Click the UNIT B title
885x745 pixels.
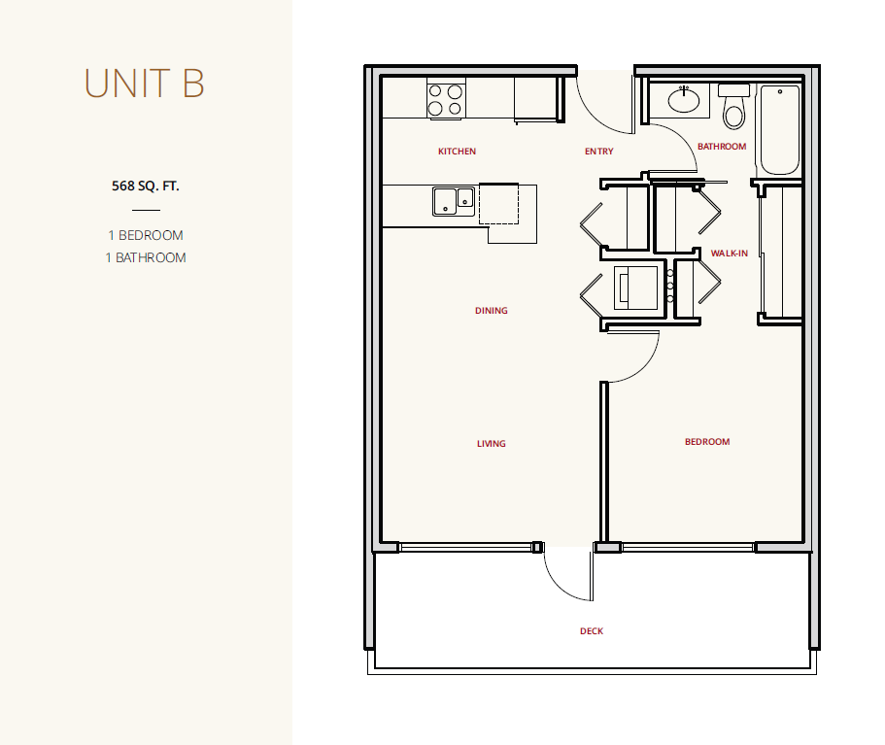[144, 83]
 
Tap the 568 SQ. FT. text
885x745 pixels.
[146, 186]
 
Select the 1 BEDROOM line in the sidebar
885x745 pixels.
[146, 235]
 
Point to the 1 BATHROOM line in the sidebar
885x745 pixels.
[146, 257]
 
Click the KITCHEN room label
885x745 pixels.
[458, 152]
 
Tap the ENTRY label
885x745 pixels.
[598, 152]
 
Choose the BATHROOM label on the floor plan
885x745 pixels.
[722, 146]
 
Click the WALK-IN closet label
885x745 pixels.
[730, 253]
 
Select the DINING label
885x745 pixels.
[491, 311]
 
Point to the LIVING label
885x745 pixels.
[491, 444]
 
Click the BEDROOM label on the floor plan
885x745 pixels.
[707, 441]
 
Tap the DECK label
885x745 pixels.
[592, 631]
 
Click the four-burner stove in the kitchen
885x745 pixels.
[446, 100]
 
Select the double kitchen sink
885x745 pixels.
[454, 201]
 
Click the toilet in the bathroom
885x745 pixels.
[733, 107]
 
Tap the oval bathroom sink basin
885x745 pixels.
[684, 100]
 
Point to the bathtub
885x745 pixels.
[779, 130]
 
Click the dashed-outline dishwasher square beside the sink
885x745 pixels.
[499, 204]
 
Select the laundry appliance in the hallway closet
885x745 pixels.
[636, 288]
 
